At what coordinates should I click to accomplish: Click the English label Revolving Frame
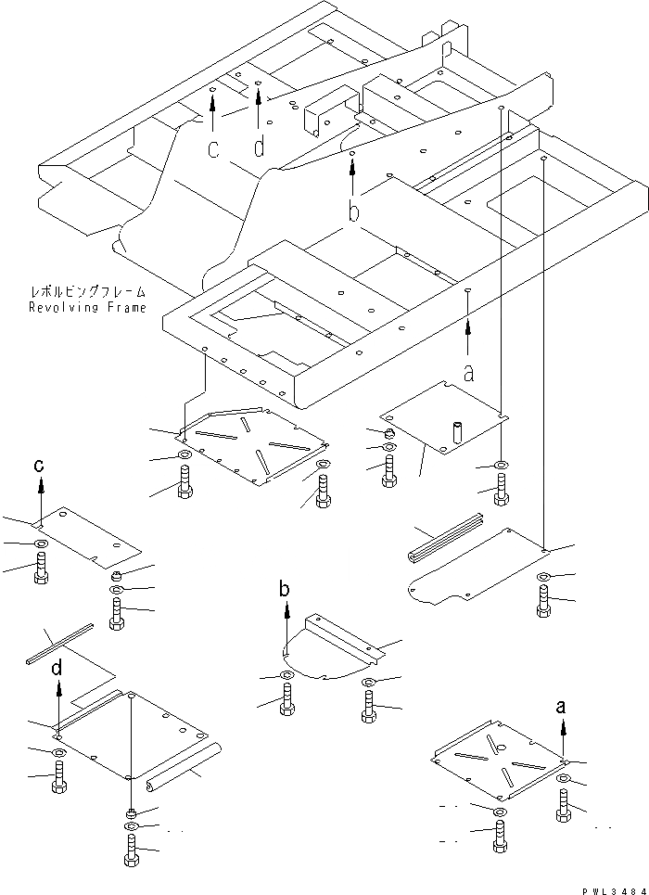point(86,307)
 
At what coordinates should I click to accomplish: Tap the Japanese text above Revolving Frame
point(86,292)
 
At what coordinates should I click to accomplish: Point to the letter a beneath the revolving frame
point(468,372)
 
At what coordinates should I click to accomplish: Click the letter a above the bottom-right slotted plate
point(561,707)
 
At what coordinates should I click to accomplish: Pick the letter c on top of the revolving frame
point(213,149)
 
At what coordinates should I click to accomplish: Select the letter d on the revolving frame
point(259,147)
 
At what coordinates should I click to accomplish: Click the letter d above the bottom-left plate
point(57,667)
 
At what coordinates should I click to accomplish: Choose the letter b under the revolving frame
point(353,212)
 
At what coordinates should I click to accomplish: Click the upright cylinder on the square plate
point(457,433)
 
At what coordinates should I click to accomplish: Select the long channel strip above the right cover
point(444,543)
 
